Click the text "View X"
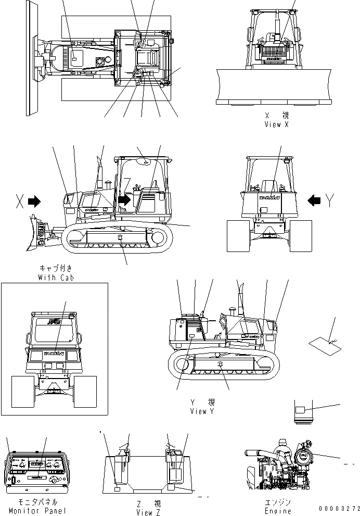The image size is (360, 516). click(x=276, y=124)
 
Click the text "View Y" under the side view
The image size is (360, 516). click(x=202, y=411)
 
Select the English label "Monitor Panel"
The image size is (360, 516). click(x=37, y=511)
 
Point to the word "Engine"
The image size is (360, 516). click(x=277, y=511)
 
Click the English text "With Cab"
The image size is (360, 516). click(x=56, y=278)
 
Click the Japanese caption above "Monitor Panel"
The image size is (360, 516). click(x=37, y=502)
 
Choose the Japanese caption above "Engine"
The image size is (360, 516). click(x=277, y=502)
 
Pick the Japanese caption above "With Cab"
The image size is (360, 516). click(x=56, y=269)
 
